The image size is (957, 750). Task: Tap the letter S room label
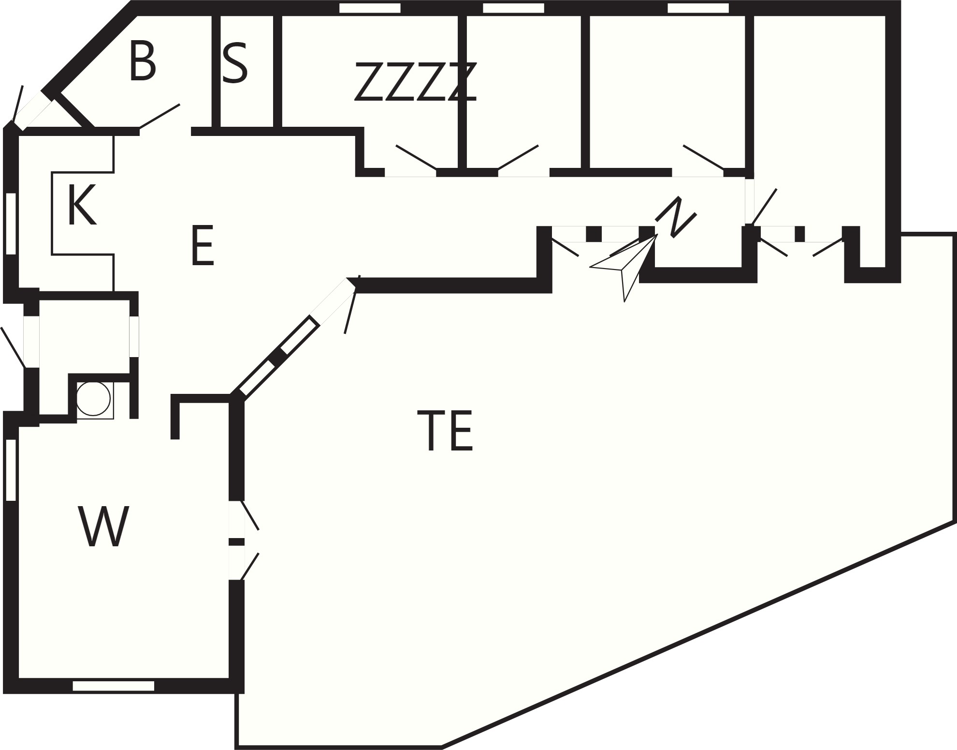[235, 63]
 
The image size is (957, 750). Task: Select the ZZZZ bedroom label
[416, 82]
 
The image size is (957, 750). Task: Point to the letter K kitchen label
[82, 205]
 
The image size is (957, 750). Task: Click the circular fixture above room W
[93, 399]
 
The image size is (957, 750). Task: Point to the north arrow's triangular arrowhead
[623, 268]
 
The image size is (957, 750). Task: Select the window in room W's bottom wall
[114, 686]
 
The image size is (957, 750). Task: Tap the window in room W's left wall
[11, 470]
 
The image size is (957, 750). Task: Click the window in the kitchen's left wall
[11, 224]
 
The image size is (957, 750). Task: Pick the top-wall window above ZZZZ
[370, 8]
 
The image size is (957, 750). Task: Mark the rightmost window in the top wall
[698, 8]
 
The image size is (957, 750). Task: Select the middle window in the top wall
[513, 8]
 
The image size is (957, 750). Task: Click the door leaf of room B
[159, 116]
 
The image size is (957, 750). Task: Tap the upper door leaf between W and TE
[250, 515]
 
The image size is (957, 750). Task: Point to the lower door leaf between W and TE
[250, 566]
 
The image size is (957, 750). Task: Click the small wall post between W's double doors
[236, 542]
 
